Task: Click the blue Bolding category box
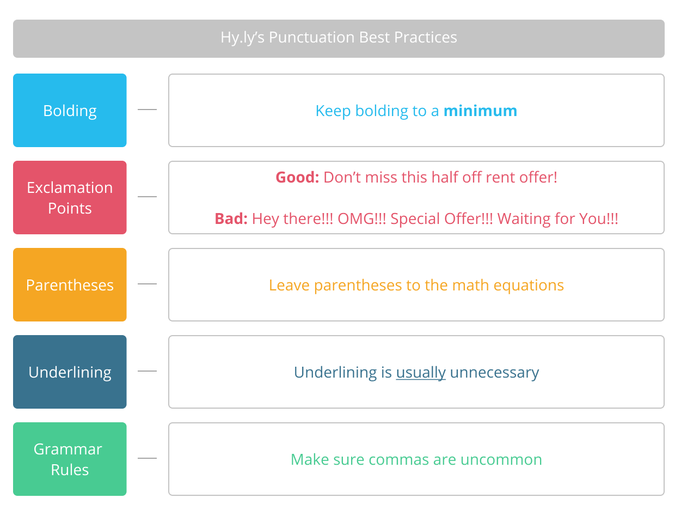[70, 110]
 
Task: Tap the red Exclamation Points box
[70, 197]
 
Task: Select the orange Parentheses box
[70, 285]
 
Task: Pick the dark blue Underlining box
[70, 372]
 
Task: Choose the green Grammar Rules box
[70, 459]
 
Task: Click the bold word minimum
[480, 111]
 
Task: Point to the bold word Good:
[297, 177]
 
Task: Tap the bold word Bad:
[231, 218]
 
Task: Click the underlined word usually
[421, 373]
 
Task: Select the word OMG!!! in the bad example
[362, 218]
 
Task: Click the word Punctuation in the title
[311, 37]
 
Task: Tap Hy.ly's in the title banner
[243, 38]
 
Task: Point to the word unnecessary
[494, 373]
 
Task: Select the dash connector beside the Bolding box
[147, 110]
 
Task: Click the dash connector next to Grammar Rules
[147, 458]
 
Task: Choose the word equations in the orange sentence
[529, 286]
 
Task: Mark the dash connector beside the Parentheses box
[147, 283]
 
